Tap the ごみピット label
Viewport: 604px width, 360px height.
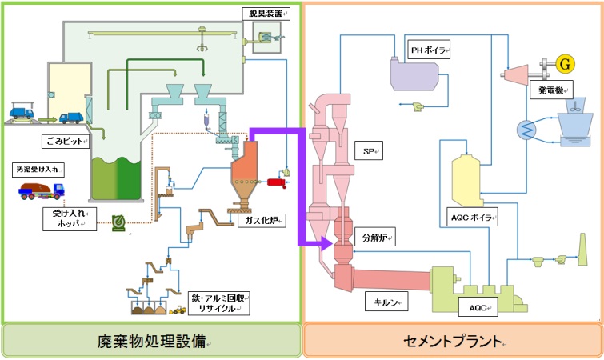pos(65,139)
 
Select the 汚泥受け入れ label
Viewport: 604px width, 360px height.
pos(38,170)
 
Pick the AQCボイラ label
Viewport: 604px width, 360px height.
pos(472,216)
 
